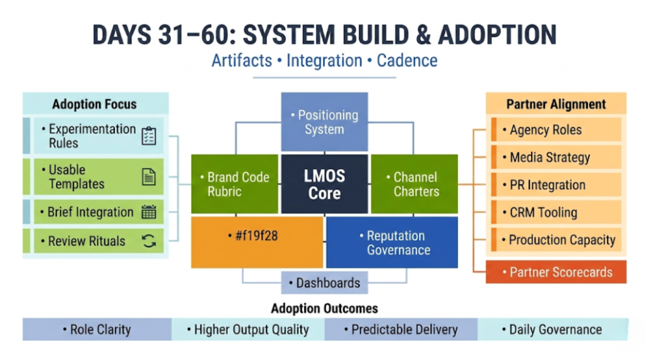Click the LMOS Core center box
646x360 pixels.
(324, 185)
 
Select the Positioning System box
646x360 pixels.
(324, 122)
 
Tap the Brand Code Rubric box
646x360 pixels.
(235, 184)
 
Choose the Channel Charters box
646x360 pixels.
(414, 184)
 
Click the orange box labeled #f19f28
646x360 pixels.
(257, 242)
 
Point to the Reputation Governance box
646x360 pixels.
(392, 242)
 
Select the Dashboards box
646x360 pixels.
(324, 282)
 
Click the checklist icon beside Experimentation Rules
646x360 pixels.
(149, 136)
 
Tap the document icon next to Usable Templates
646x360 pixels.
(149, 177)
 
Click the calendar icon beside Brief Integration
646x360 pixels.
(149, 212)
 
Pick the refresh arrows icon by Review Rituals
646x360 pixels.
(149, 241)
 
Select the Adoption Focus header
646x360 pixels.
(95, 104)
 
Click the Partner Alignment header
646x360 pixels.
(556, 104)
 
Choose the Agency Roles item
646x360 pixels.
(556, 130)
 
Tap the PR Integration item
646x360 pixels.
(556, 185)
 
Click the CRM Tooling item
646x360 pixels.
(556, 212)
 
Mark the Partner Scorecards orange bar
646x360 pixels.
(556, 272)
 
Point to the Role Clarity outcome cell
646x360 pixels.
(97, 329)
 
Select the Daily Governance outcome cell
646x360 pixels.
(552, 329)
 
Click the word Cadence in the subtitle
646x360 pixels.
(407, 61)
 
